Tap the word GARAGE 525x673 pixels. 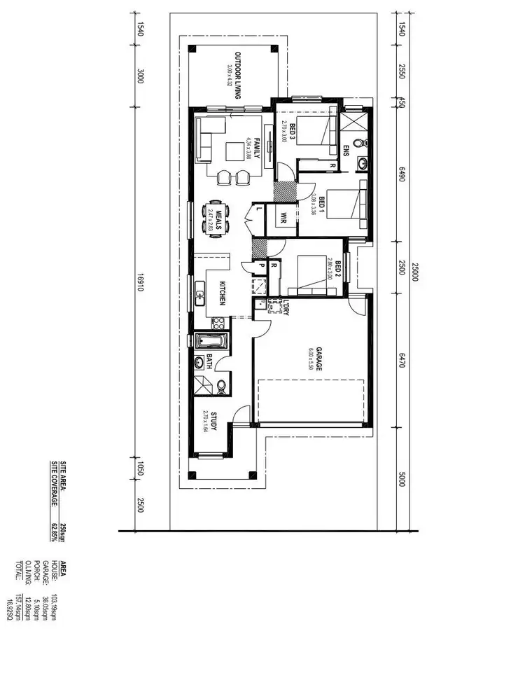pos(318,359)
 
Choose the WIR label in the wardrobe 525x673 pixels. pos(284,217)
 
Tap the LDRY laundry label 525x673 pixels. pos(286,307)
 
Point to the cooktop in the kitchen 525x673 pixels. pos(218,324)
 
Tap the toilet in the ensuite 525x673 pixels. pos(360,142)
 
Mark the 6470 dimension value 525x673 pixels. pos(402,360)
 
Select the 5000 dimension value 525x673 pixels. pos(402,479)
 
